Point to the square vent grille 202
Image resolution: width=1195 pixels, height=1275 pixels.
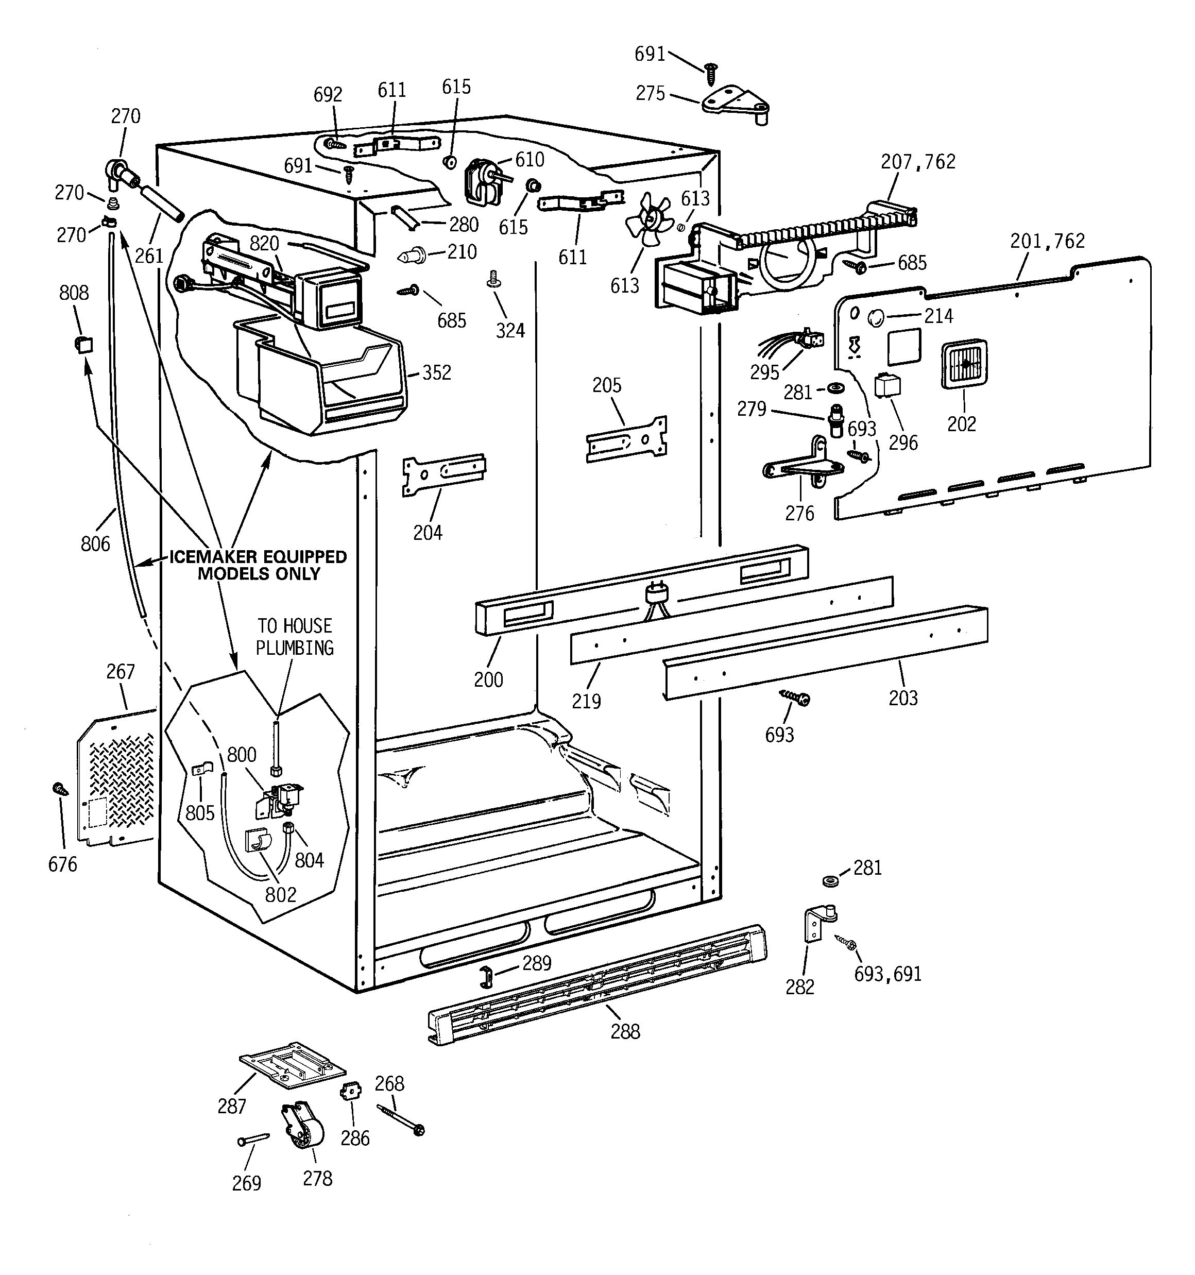[963, 364]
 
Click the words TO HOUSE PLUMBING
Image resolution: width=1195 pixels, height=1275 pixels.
[295, 637]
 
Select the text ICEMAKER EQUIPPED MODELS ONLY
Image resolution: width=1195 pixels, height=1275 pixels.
[259, 565]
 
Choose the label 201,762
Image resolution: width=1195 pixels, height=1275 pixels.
[1047, 241]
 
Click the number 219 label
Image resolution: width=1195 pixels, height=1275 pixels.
[586, 701]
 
